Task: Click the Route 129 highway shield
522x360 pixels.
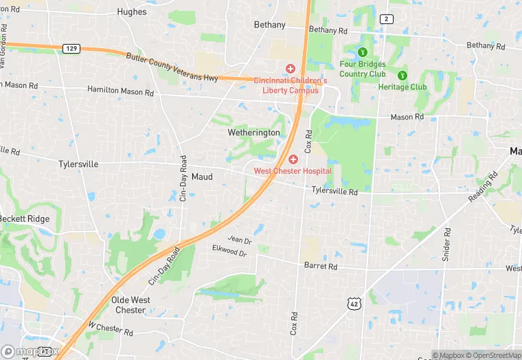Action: click(x=71, y=48)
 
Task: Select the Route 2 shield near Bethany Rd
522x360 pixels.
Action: click(x=387, y=19)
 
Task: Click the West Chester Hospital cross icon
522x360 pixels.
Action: click(x=293, y=159)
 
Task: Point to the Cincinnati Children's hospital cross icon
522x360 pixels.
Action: click(x=291, y=69)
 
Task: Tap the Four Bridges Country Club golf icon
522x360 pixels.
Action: click(x=363, y=52)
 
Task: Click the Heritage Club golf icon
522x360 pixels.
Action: click(x=402, y=75)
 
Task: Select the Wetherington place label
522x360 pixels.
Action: click(x=254, y=133)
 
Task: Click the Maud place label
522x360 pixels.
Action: click(x=202, y=177)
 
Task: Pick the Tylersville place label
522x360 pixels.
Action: click(x=78, y=164)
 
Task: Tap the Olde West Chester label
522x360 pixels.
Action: click(x=129, y=305)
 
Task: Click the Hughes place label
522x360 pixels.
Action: click(x=132, y=12)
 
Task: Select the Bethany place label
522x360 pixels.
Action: click(x=269, y=25)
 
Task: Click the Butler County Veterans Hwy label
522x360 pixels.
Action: click(x=172, y=67)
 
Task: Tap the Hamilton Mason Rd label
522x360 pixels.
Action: click(x=120, y=91)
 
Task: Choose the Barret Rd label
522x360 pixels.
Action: click(x=321, y=266)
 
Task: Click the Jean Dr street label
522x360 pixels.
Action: click(x=240, y=240)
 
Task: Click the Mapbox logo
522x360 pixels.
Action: click(x=30, y=350)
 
